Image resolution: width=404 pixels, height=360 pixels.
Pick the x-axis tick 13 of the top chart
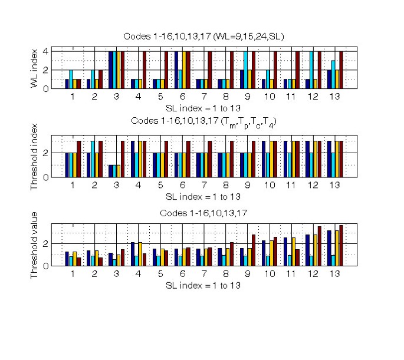335,97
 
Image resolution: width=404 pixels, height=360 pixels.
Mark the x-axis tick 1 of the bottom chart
73,274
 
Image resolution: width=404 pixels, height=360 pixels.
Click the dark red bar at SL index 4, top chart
144,70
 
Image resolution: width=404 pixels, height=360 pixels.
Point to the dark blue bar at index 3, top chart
111,70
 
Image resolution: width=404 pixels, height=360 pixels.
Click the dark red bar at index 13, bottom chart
341,246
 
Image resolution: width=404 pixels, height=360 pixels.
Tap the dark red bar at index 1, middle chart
79,159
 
